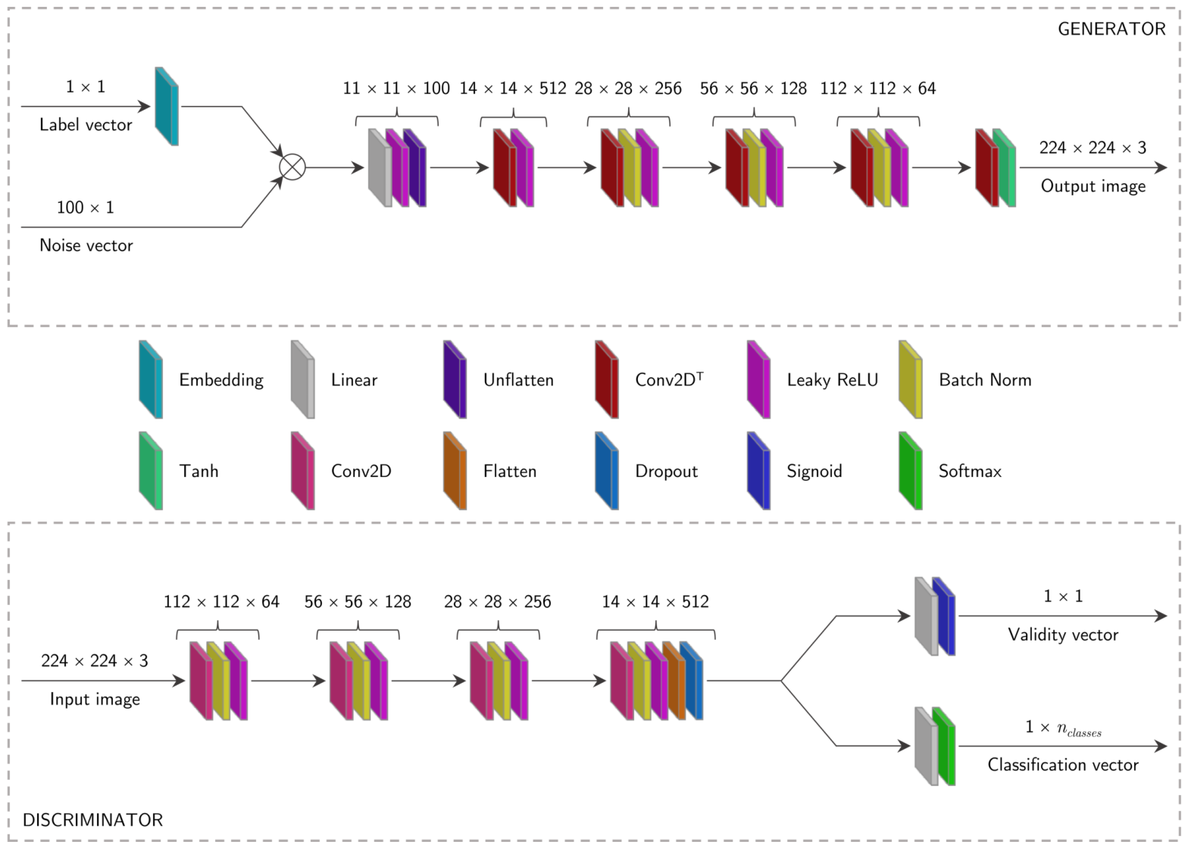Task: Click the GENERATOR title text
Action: click(x=1111, y=29)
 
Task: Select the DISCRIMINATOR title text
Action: click(x=92, y=820)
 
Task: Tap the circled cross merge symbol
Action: click(x=292, y=167)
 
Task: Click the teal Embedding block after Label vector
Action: click(x=167, y=106)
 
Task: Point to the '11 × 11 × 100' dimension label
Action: click(x=396, y=88)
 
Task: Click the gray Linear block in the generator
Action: click(x=380, y=167)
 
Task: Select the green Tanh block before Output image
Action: click(x=1005, y=167)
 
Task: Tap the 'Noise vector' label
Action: click(x=86, y=245)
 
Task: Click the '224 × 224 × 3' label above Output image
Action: click(x=1093, y=148)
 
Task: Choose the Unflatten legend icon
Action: click(x=455, y=379)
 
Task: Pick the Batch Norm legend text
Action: click(x=985, y=380)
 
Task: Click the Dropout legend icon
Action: click(x=607, y=471)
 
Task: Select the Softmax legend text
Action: click(x=970, y=471)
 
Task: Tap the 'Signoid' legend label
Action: click(x=814, y=471)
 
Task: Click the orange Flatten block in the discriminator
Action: click(x=674, y=681)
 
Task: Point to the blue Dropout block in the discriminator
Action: click(x=692, y=681)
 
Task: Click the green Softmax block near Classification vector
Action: click(x=943, y=747)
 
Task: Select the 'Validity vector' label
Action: click(x=1063, y=634)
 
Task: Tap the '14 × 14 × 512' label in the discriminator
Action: click(x=655, y=601)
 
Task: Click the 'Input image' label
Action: click(x=95, y=699)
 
